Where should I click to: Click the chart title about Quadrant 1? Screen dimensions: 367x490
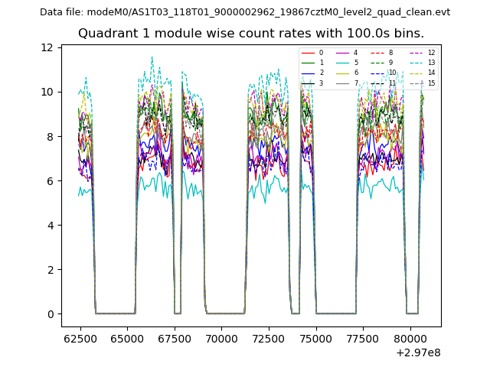point(251,34)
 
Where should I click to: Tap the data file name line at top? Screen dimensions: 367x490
point(245,12)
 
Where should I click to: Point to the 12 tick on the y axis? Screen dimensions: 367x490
point(47,47)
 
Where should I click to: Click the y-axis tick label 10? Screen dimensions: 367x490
point(47,92)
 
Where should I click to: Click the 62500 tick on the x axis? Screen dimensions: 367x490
point(79,337)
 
